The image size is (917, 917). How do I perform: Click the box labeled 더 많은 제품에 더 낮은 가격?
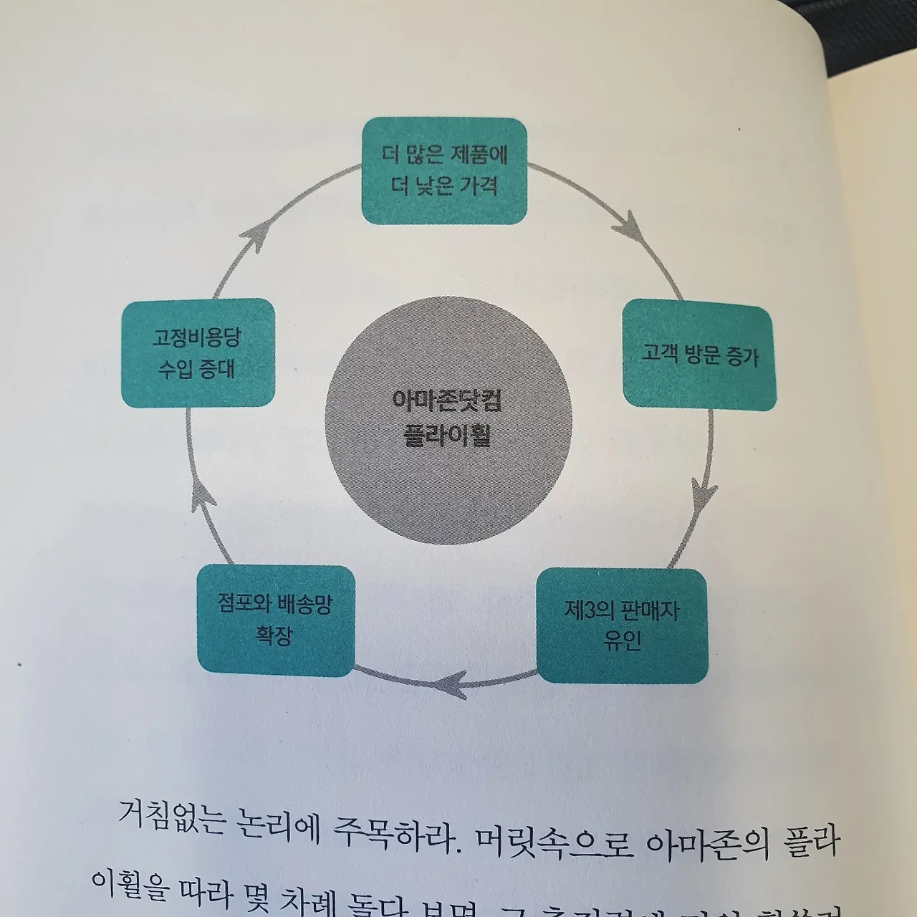(444, 171)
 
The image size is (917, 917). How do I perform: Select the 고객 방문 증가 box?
(699, 356)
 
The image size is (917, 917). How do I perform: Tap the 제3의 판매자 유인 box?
(622, 625)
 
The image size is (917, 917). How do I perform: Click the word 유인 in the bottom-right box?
(621, 640)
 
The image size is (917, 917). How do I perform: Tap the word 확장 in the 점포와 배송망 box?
(274, 635)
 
